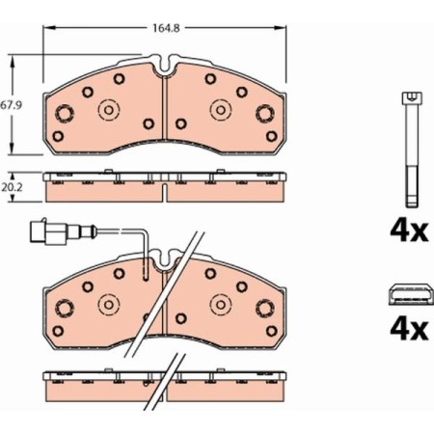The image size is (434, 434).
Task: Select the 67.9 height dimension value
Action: click(x=10, y=103)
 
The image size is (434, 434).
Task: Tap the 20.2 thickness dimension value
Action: click(x=10, y=188)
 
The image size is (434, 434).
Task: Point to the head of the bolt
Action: click(x=413, y=97)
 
